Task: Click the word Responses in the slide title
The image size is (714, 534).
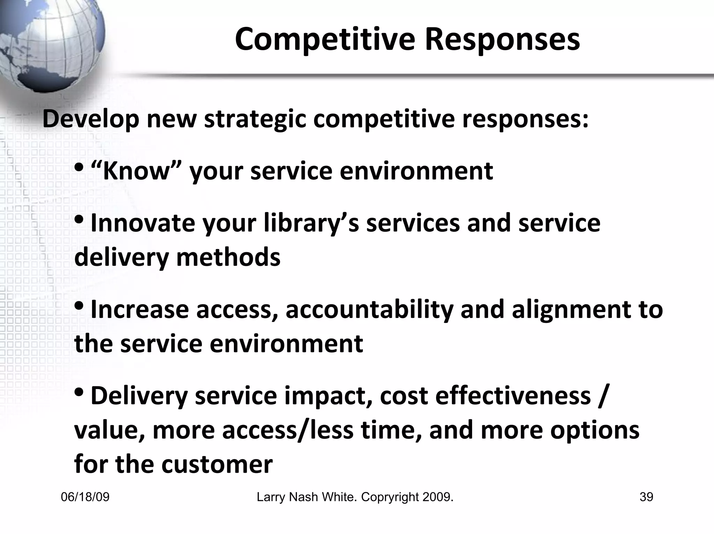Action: pyautogui.click(x=502, y=39)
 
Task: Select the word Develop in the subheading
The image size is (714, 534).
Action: pyautogui.click(x=91, y=119)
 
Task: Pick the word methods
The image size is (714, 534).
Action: pyautogui.click(x=228, y=257)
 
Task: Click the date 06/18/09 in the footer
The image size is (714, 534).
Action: pyautogui.click(x=85, y=497)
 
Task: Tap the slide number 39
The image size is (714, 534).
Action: pyautogui.click(x=646, y=497)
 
